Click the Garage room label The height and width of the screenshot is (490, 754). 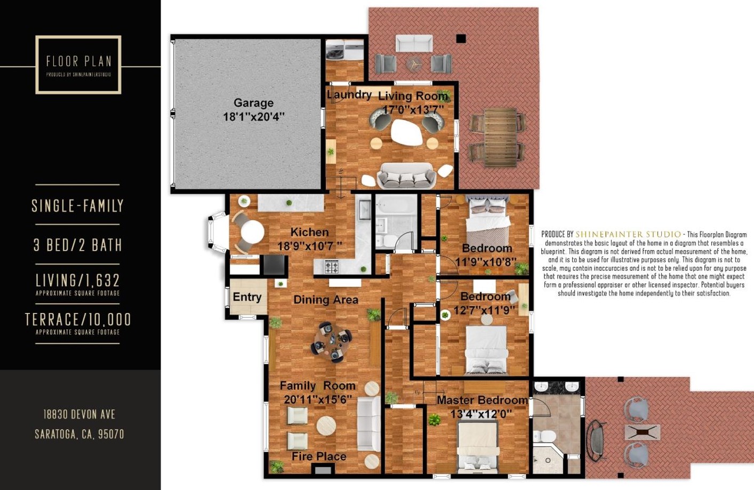[x=253, y=103]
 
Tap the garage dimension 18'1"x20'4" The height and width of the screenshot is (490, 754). [x=253, y=116]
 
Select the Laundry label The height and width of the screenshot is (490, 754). [x=349, y=95]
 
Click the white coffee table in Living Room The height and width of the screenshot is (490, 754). [x=407, y=132]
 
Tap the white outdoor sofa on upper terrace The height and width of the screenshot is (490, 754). [x=414, y=43]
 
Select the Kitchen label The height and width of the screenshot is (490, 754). [x=309, y=232]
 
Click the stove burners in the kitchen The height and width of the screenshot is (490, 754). [x=332, y=266]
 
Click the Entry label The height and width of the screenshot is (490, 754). [x=247, y=297]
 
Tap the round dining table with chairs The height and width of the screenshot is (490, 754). [x=332, y=341]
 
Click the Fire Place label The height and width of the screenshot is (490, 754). [x=319, y=456]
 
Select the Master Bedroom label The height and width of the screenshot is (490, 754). [x=482, y=400]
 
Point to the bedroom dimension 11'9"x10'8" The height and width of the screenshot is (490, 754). [x=486, y=262]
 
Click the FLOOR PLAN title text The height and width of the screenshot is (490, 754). [x=78, y=61]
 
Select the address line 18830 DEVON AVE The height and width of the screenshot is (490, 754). [x=79, y=414]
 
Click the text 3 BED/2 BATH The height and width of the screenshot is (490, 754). [x=78, y=245]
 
